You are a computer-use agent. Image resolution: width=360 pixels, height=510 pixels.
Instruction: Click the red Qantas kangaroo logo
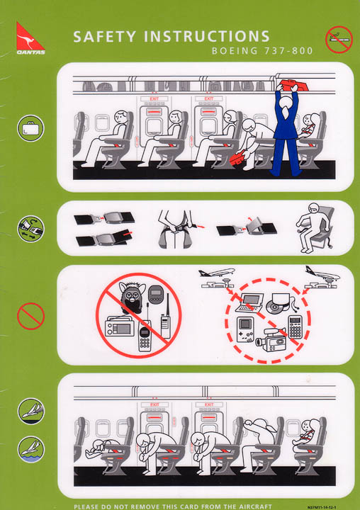[30, 38]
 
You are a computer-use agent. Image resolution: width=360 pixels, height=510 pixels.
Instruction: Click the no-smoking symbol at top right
[338, 39]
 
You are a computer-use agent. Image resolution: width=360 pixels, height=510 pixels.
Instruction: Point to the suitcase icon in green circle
[30, 129]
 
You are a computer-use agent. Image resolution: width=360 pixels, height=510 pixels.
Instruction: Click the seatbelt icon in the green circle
[30, 228]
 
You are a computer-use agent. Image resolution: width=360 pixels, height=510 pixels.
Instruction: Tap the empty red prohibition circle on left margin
[30, 315]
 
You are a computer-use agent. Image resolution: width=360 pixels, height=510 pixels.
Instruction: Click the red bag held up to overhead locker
[291, 88]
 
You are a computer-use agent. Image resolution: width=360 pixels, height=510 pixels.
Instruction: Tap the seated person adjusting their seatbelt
[310, 227]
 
